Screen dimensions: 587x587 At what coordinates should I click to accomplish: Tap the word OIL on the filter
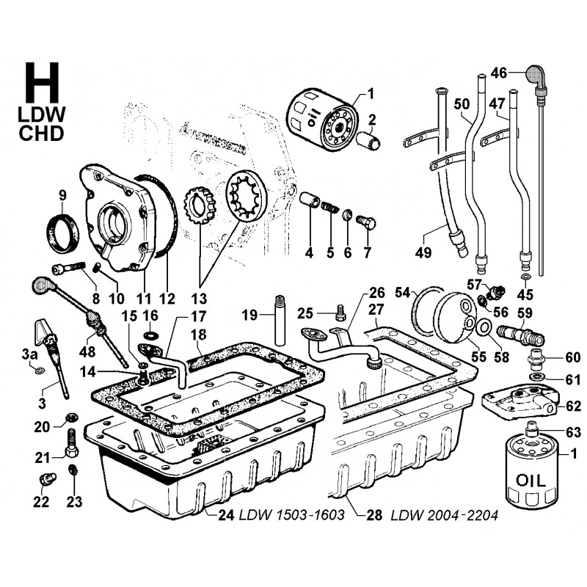pos(526,481)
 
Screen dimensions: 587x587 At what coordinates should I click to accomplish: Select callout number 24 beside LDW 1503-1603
pos(226,514)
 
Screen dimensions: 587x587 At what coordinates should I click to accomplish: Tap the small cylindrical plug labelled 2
pos(370,139)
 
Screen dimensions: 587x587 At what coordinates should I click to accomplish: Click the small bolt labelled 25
pos(340,314)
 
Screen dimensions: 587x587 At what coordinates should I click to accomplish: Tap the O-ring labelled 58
pos(484,327)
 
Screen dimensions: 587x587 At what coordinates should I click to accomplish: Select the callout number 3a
pos(29,356)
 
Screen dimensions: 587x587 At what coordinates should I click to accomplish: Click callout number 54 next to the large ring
pos(403,292)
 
